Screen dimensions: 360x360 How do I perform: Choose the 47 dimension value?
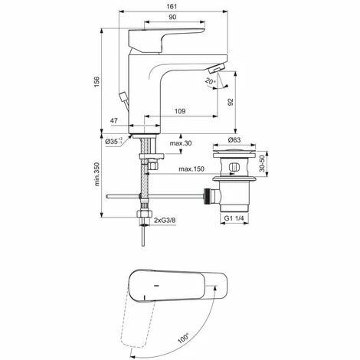point(114,121)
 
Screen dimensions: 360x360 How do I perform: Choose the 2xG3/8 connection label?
point(164,221)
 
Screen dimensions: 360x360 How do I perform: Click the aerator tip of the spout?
point(218,70)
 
